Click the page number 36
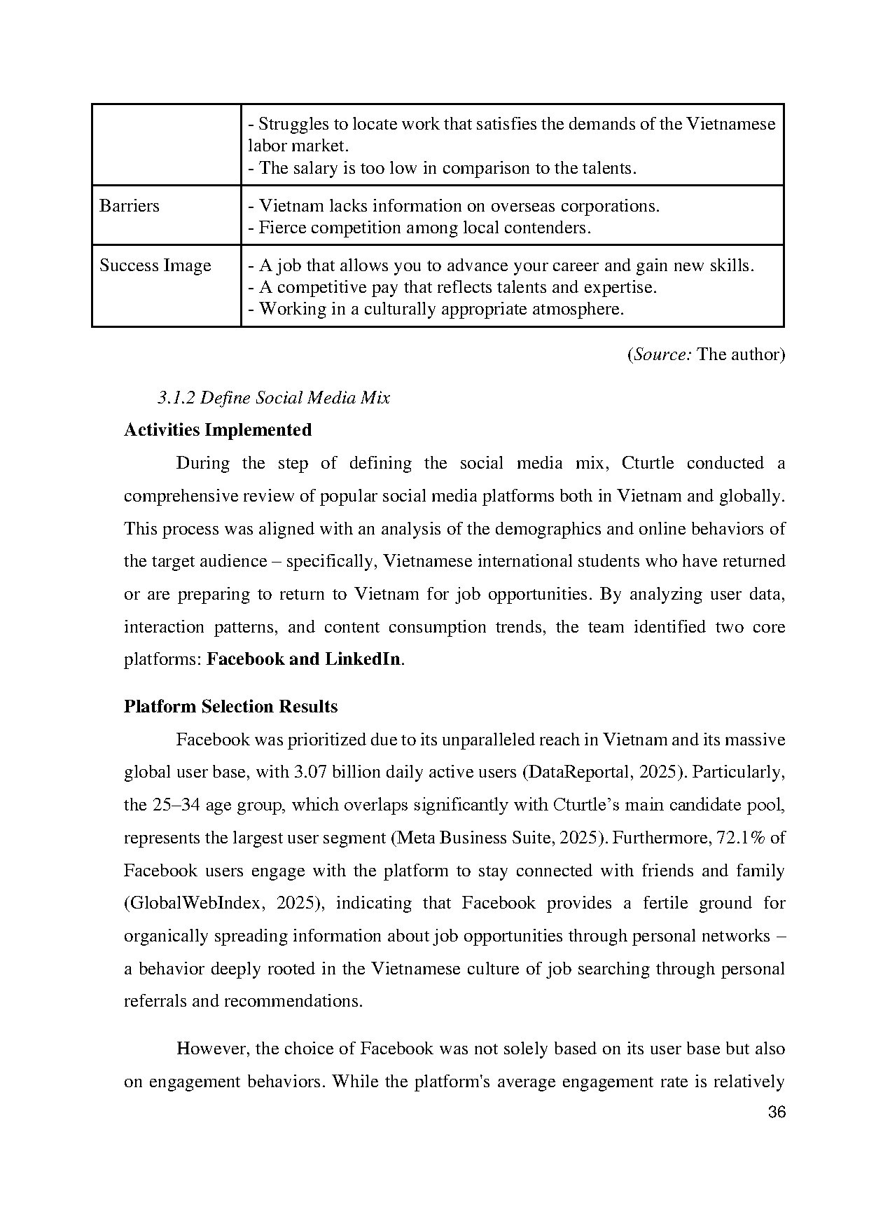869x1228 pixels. tap(776, 1112)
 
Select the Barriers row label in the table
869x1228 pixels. tap(130, 206)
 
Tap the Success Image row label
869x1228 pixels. tap(155, 265)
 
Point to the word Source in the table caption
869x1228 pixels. tap(661, 354)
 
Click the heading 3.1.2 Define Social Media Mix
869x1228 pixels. tap(274, 398)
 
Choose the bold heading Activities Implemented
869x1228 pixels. tap(218, 430)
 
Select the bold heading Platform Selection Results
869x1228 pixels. tap(230, 706)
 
